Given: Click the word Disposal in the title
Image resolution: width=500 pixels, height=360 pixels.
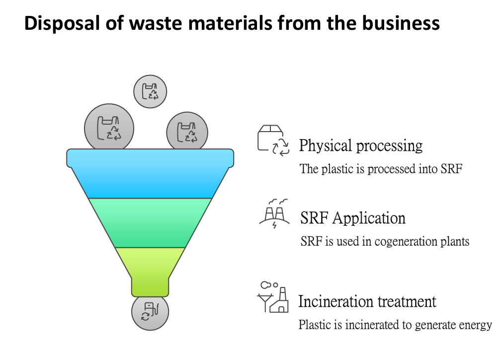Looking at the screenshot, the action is [x=62, y=23].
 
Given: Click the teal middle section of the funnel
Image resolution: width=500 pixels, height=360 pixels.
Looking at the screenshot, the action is [x=150, y=222].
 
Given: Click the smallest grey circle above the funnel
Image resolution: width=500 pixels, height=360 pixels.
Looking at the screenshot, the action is [x=150, y=91].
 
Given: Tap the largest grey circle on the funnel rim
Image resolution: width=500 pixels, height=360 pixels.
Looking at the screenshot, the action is [x=109, y=128].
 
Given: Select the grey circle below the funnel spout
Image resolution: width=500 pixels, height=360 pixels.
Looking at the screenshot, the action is [x=150, y=312].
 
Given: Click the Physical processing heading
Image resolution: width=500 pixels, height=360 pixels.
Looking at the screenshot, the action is [x=361, y=146].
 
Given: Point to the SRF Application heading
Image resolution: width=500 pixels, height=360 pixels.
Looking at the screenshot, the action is [x=353, y=218].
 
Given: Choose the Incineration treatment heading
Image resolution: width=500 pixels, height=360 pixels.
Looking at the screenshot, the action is [x=367, y=301].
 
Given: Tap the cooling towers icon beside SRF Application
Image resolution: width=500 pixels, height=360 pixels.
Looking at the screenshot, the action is [x=274, y=214].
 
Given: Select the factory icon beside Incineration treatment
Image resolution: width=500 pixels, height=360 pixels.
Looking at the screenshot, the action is [x=273, y=297].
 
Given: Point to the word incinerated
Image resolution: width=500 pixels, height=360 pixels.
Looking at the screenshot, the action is [x=372, y=325].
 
